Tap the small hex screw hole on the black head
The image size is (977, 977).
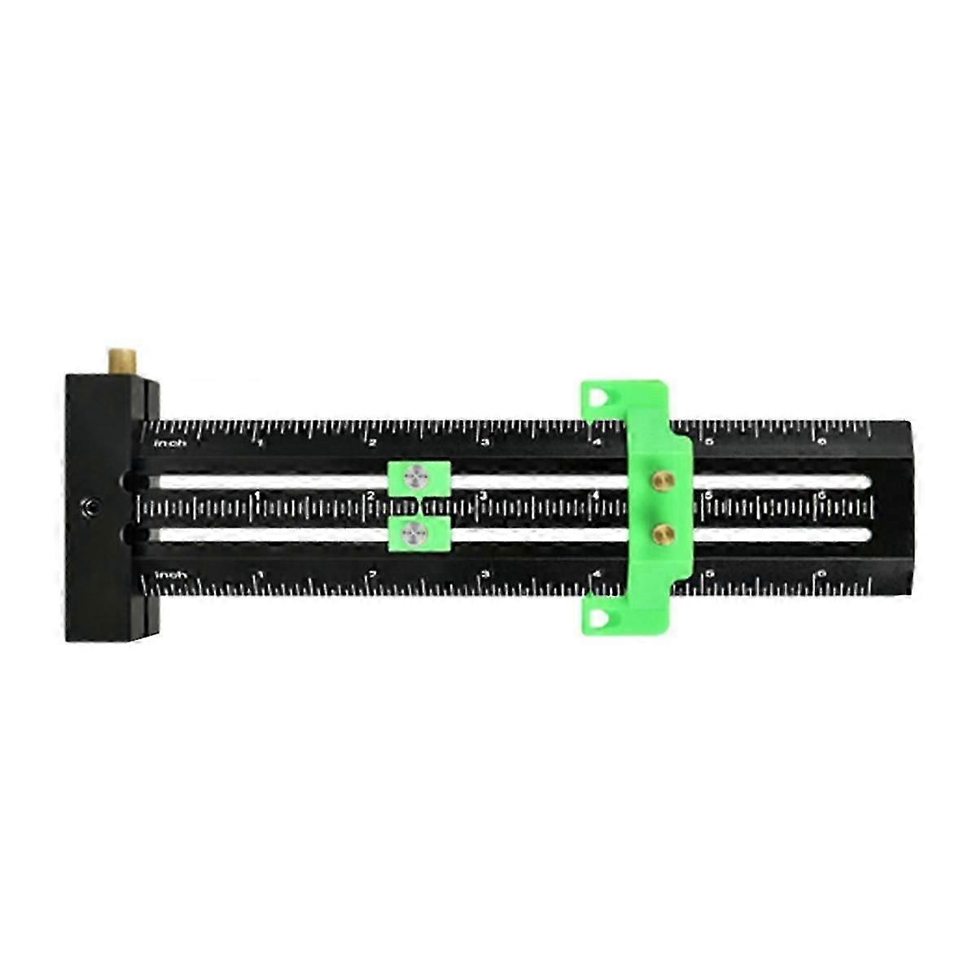click(x=88, y=508)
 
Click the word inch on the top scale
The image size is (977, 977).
click(x=171, y=443)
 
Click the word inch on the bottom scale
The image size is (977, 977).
click(x=171, y=575)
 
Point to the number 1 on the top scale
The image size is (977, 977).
click(x=261, y=443)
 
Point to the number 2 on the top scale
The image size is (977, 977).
click(x=373, y=443)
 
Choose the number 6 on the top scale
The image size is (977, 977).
click(x=821, y=443)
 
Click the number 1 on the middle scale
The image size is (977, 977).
click(x=258, y=496)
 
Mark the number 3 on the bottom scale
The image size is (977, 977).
click(x=485, y=575)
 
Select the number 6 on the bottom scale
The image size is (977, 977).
click(x=821, y=575)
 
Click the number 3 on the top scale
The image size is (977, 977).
click(x=485, y=443)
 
